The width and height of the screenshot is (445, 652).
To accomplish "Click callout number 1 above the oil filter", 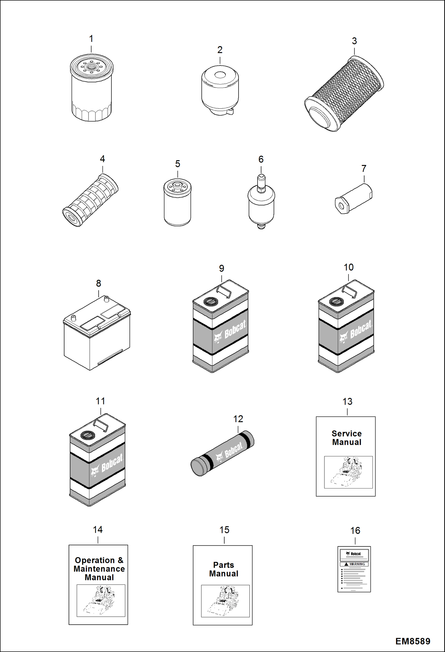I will point(91,39).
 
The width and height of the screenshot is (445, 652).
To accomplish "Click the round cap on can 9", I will point(211,301).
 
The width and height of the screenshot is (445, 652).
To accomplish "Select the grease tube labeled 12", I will point(222,453).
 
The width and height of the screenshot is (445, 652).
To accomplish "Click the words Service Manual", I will point(347,438).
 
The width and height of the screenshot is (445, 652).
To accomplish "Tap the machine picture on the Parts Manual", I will point(225,601).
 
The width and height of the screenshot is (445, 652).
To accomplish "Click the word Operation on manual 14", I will point(95,560).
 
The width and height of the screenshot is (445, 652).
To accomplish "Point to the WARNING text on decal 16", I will point(357,564).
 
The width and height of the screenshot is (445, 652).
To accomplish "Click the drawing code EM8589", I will point(413,641).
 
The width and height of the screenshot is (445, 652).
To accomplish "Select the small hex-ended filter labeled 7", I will point(354,199).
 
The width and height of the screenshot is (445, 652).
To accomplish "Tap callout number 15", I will point(224,530).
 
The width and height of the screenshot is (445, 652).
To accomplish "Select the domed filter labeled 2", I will point(220,89).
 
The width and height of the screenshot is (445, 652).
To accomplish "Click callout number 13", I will point(347,402).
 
